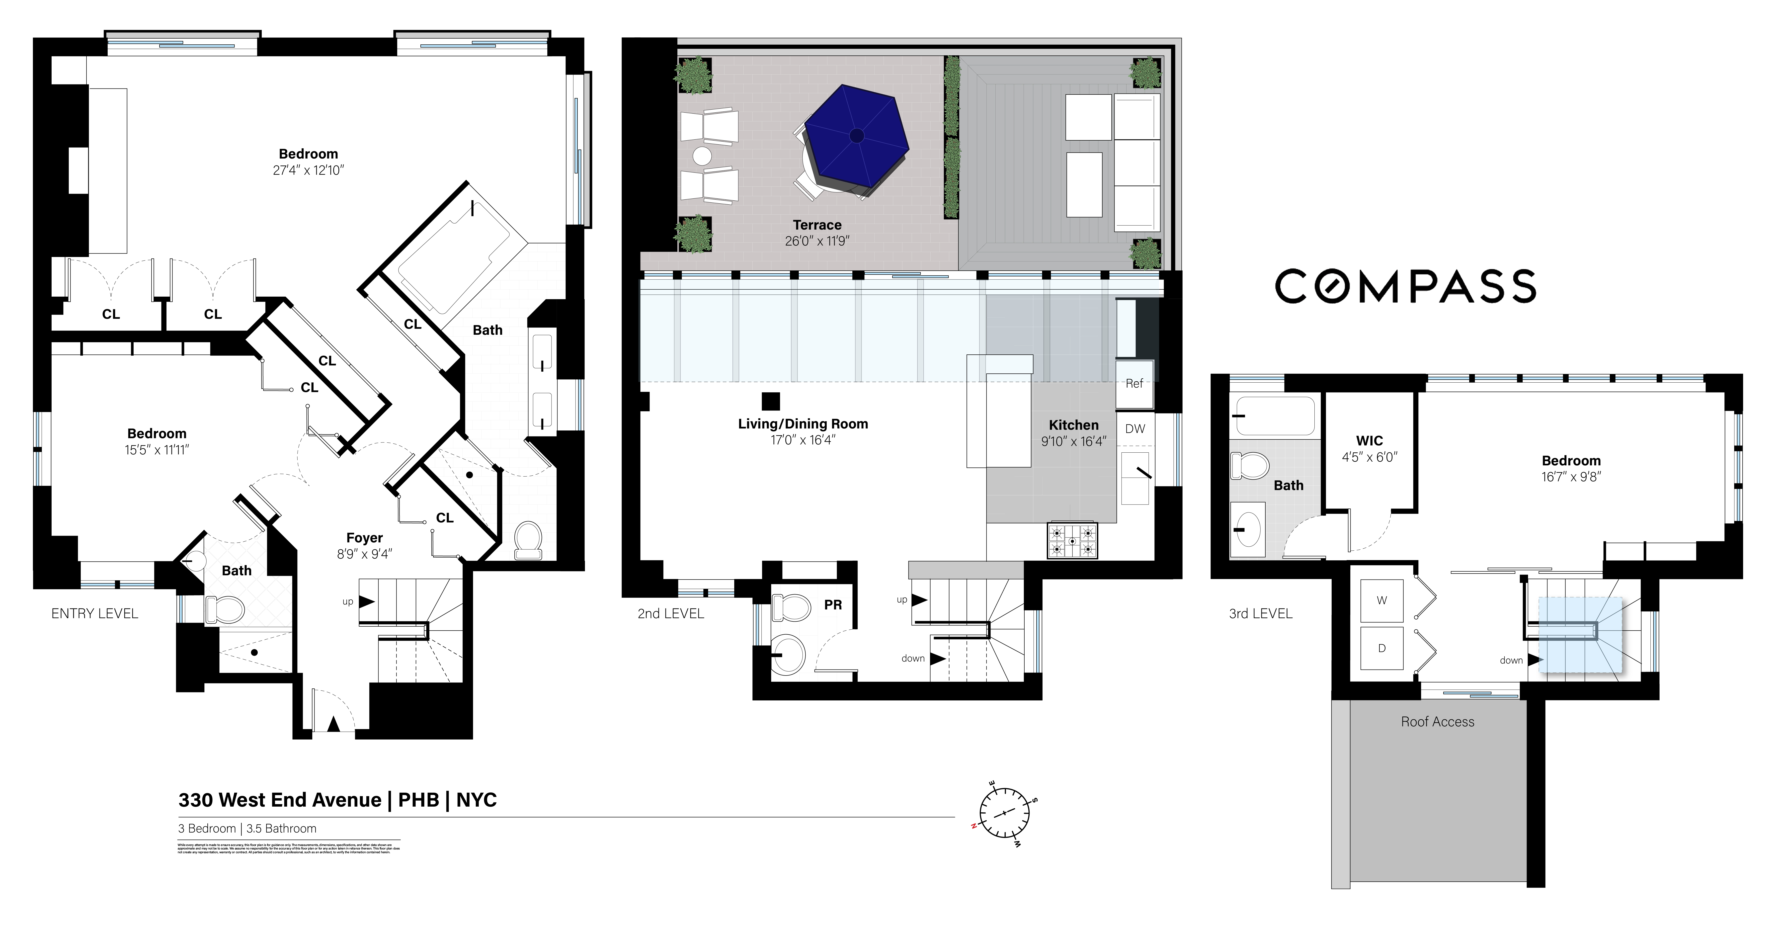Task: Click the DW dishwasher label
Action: click(x=1135, y=429)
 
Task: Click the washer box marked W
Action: click(x=1381, y=601)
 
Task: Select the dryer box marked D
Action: click(x=1381, y=648)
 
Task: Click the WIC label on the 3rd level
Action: click(x=1369, y=440)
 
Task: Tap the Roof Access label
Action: click(x=1437, y=722)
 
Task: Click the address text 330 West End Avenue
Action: click(x=280, y=800)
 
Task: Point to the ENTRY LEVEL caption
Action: click(x=95, y=613)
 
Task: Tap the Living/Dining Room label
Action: click(x=803, y=424)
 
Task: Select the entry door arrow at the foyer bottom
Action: click(x=333, y=724)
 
